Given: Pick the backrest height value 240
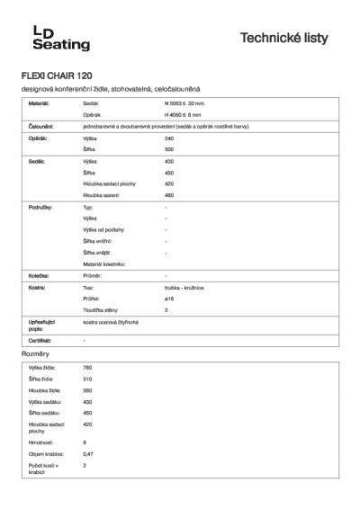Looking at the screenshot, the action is click(169, 138).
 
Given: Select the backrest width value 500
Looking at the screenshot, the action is click(169, 148).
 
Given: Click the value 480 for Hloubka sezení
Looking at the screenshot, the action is click(169, 194).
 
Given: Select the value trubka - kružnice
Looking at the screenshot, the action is click(186, 286).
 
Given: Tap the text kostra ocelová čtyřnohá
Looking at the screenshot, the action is click(111, 321).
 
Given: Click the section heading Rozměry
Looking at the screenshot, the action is click(35, 355).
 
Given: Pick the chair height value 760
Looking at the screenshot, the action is click(87, 369).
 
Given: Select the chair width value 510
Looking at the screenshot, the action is click(87, 380).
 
